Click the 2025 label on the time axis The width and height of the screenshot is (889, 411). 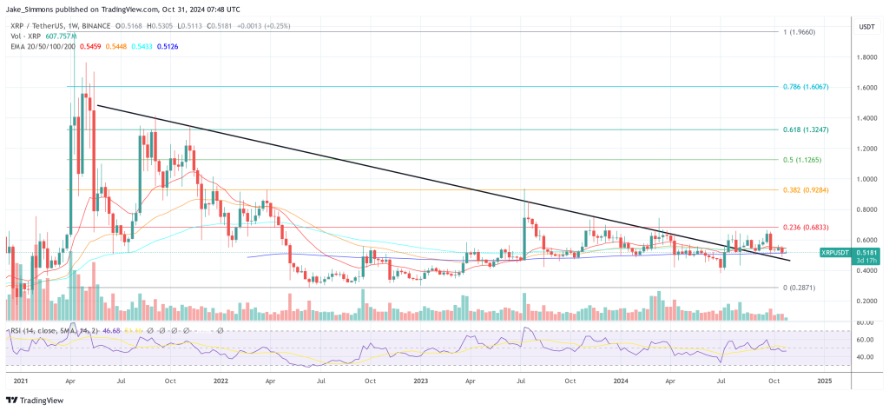click(824, 381)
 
